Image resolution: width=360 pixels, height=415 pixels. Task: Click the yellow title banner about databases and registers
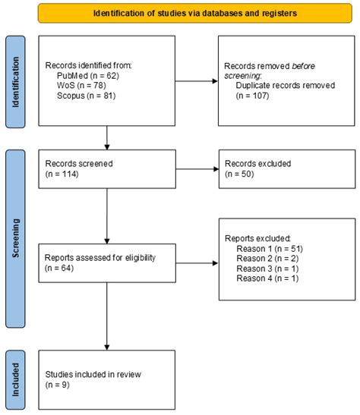click(x=195, y=13)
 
